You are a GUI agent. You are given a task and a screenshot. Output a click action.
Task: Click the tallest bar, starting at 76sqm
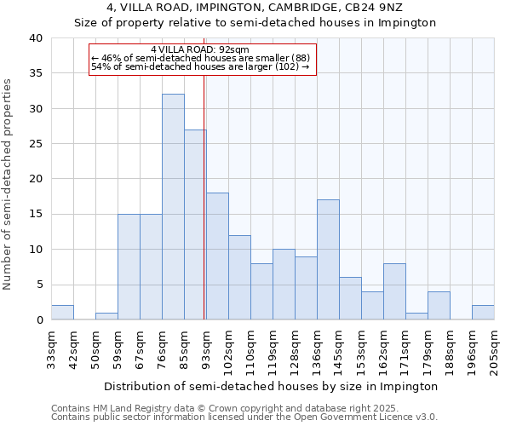[x=173, y=207]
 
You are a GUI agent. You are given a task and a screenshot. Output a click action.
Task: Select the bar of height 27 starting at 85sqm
[x=195, y=225]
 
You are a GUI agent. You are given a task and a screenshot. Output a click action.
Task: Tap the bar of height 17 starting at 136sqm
[x=328, y=260]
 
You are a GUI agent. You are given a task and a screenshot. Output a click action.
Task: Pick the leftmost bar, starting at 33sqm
[x=62, y=313]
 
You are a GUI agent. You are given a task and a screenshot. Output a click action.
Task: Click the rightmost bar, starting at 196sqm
[x=483, y=313]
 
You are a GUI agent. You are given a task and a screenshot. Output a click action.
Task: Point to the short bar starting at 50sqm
[x=106, y=316]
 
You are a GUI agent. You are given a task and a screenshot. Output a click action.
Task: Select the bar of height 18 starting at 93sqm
[x=217, y=256]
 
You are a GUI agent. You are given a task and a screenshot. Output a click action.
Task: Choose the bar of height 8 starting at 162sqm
[x=394, y=291]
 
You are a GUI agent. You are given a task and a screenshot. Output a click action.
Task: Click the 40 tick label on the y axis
[x=35, y=38]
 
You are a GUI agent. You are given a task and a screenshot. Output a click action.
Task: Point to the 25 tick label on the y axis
[x=35, y=144]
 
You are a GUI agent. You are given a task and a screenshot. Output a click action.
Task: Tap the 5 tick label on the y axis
[x=38, y=285]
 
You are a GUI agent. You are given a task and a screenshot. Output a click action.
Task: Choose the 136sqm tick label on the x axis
[x=317, y=348]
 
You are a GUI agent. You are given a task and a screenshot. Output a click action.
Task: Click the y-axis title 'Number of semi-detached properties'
[x=9, y=184]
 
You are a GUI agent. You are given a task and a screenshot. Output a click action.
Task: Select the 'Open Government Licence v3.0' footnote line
[x=244, y=417]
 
